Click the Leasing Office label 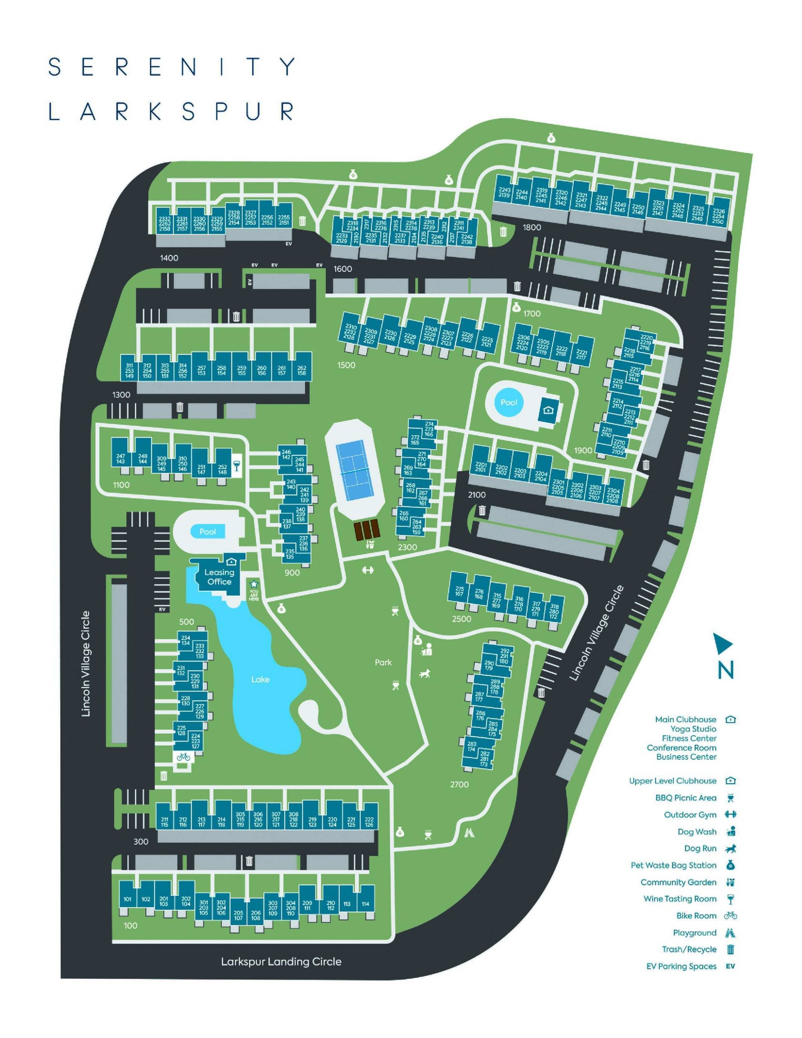[219, 577]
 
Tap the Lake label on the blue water [260, 680]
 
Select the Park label [383, 662]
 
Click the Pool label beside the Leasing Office [208, 532]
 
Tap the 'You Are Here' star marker [254, 583]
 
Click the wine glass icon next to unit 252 [236, 465]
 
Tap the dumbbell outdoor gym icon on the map [368, 570]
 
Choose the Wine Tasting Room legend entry [679, 899]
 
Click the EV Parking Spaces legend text [681, 966]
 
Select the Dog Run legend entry [700, 848]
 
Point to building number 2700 [459, 785]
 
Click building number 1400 [169, 258]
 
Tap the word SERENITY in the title [172, 67]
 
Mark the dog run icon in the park [424, 673]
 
